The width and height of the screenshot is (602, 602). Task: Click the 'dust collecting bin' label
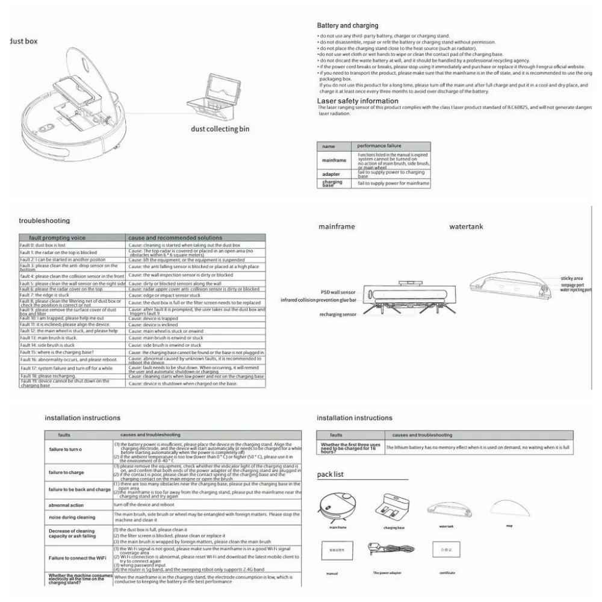click(220, 128)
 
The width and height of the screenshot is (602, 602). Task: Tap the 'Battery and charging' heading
click(347, 26)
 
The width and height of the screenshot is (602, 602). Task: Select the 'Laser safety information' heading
click(358, 101)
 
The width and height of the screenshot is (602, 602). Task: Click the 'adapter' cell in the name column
click(332, 173)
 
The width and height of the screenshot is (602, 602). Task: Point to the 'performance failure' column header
click(379, 146)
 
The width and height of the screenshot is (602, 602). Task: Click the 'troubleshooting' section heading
click(44, 221)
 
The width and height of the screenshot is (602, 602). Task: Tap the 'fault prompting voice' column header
click(52, 238)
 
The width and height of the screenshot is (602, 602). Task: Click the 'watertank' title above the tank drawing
click(466, 227)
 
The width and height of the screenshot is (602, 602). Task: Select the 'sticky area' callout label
click(571, 279)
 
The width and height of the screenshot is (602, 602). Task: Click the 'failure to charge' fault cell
click(67, 473)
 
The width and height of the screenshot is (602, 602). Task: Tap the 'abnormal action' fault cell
click(67, 505)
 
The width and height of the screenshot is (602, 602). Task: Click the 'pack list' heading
click(330, 474)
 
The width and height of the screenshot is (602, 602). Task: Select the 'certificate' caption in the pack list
click(447, 573)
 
